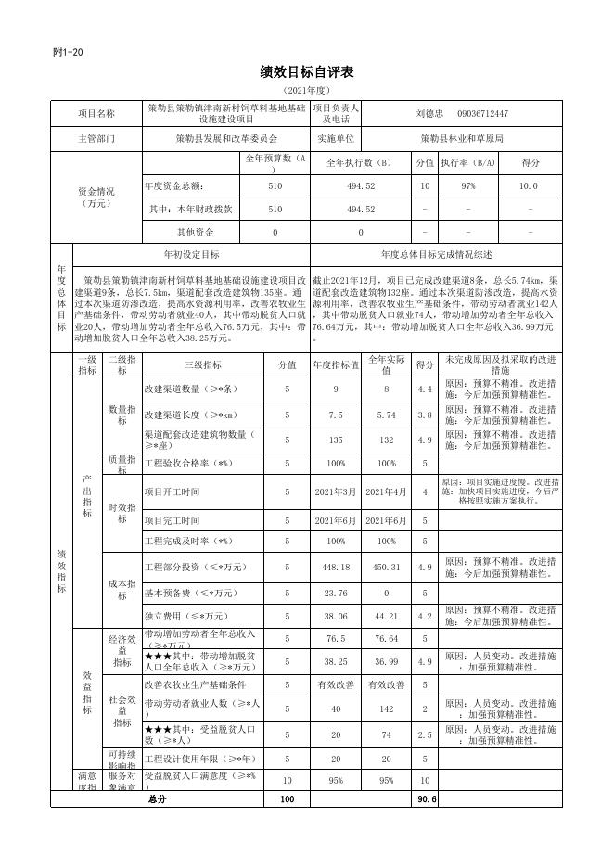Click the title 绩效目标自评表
[307, 72]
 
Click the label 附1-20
[68, 52]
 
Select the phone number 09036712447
[482, 114]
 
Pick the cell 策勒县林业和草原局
[461, 138]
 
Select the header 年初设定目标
[191, 254]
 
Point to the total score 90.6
[427, 798]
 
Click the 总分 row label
[157, 798]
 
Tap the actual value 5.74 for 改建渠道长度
[386, 415]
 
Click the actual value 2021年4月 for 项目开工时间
[386, 491]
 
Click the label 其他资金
[196, 233]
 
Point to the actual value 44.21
[386, 615]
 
